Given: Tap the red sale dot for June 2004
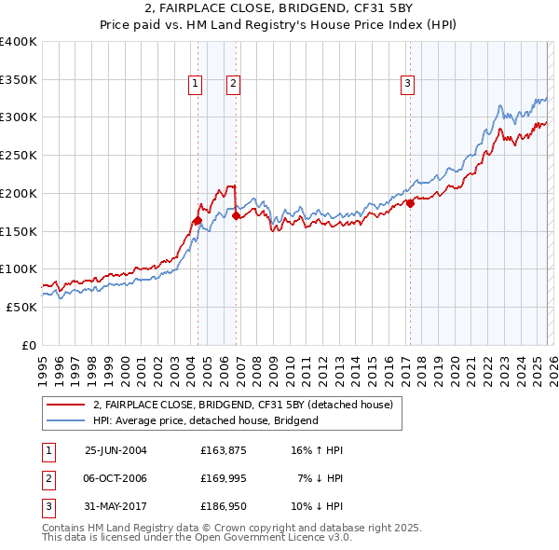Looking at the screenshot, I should (x=198, y=221).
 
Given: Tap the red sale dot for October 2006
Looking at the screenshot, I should (x=236, y=215).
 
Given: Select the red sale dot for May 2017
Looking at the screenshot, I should (x=410, y=203).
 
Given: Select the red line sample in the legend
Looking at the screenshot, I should (x=65, y=405).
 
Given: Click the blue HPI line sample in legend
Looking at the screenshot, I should (x=65, y=420).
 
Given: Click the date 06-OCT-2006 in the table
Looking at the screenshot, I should (x=116, y=478).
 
